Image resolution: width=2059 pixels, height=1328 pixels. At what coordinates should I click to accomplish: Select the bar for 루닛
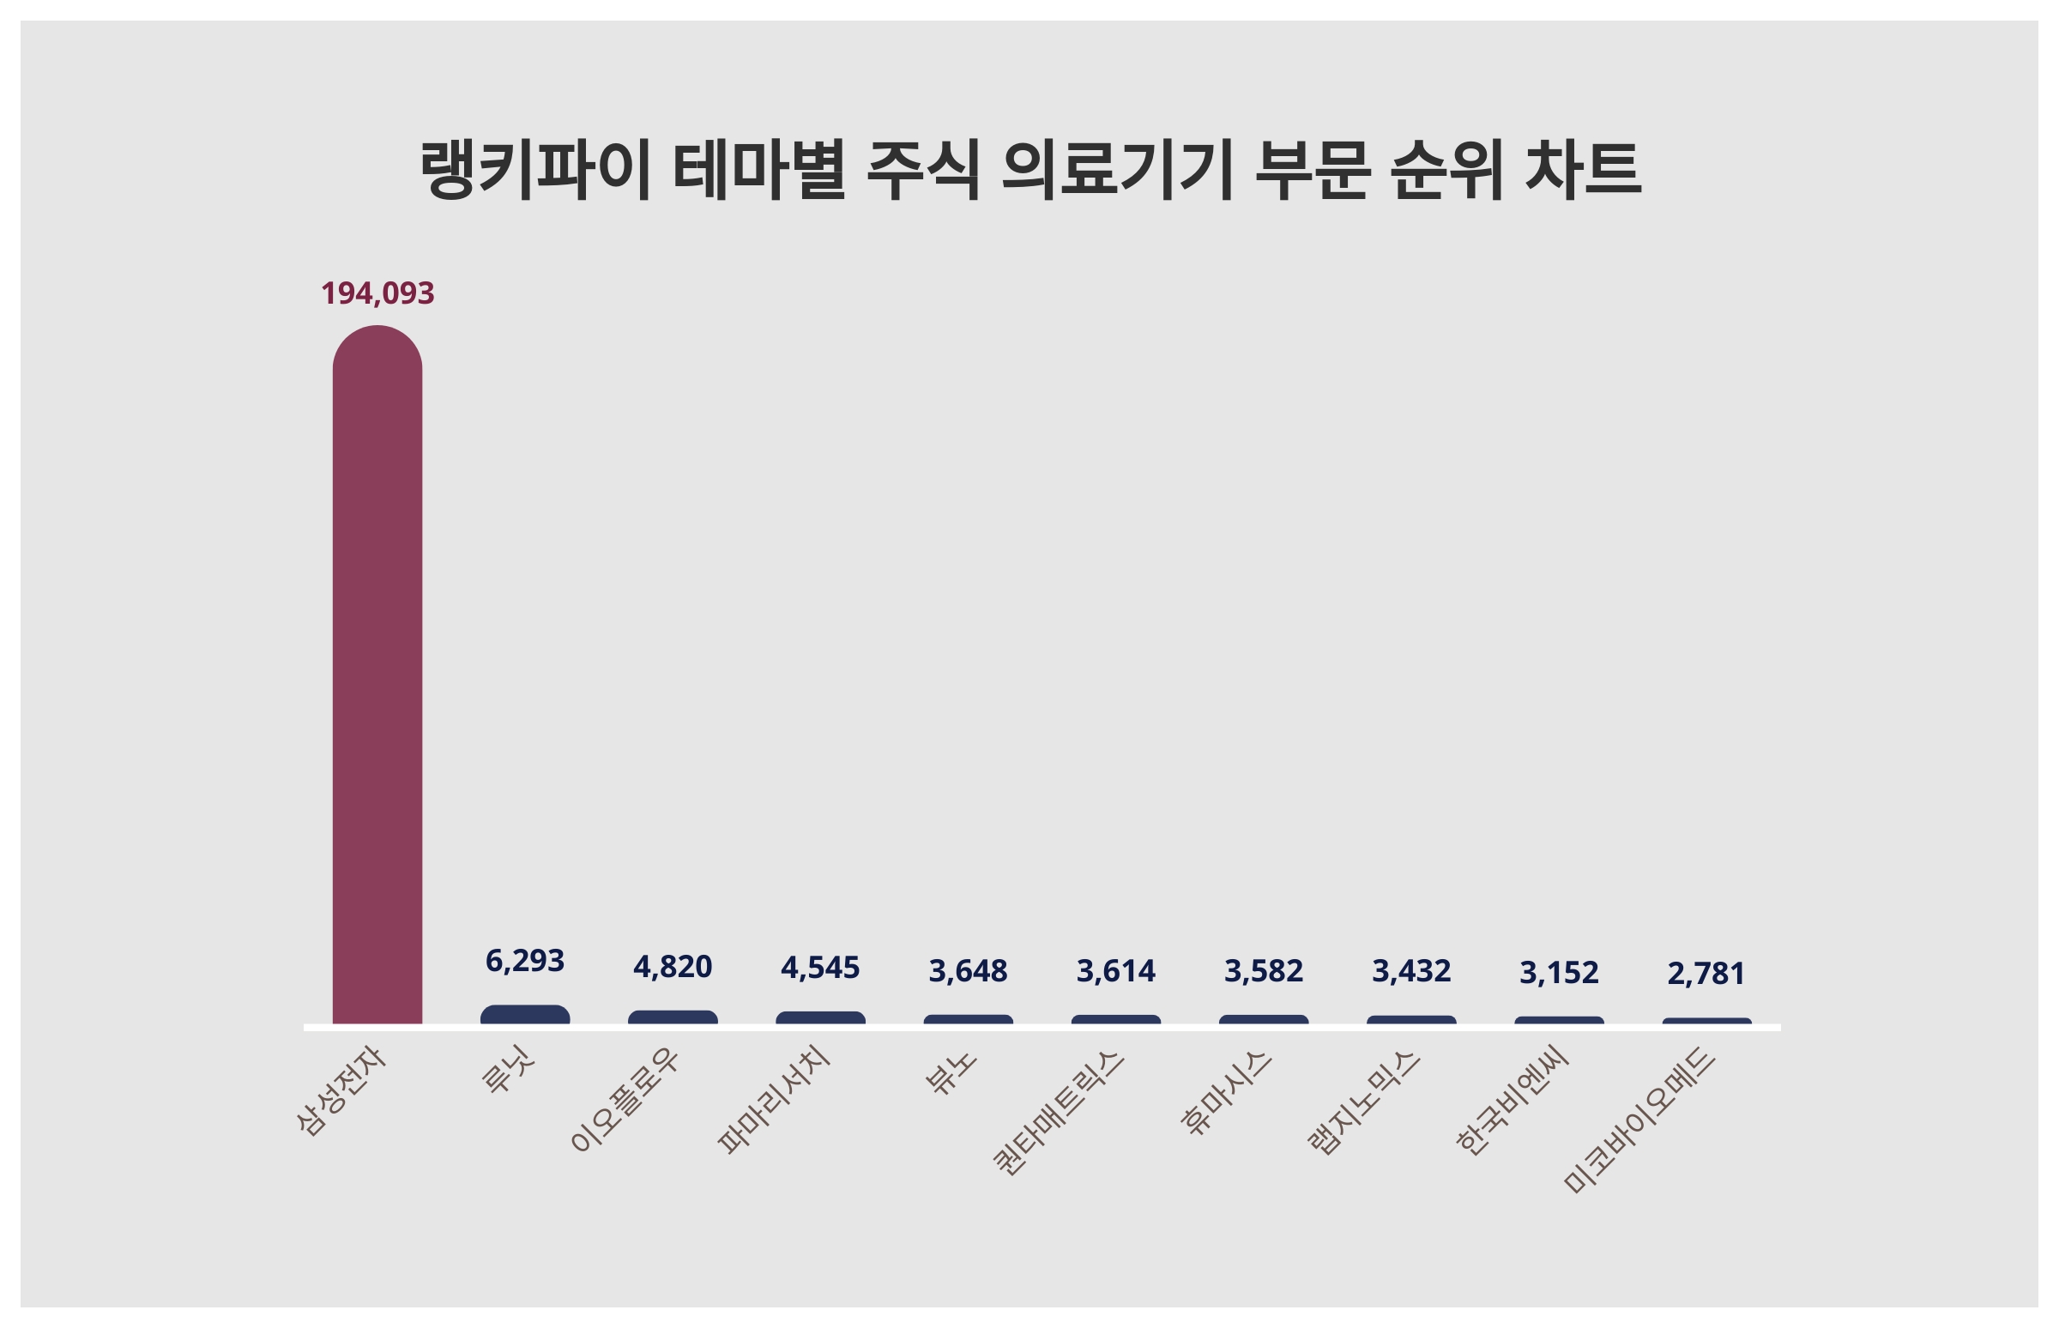click(524, 1015)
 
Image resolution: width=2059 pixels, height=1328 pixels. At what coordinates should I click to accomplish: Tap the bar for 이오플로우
click(673, 1017)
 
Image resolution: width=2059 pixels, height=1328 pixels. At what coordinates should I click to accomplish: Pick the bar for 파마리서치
click(820, 1018)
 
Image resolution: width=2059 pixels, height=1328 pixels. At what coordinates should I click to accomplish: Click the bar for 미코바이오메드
click(1706, 1022)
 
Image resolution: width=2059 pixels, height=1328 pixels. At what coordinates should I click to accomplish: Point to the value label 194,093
click(377, 293)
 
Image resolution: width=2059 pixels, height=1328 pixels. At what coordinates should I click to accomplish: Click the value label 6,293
click(524, 961)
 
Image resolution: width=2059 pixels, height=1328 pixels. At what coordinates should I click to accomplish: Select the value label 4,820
click(673, 967)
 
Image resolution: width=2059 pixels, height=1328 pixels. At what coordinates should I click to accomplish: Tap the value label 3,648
click(968, 971)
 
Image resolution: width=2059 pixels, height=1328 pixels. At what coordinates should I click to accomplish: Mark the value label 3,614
click(1116, 971)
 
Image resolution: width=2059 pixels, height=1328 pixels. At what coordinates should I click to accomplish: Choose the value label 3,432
click(1411, 971)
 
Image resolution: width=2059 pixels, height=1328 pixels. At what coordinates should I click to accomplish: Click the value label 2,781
click(1706, 974)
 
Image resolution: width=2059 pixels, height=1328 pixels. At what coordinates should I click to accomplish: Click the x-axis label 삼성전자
click(341, 1090)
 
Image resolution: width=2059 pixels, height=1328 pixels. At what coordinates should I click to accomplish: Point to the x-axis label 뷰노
click(951, 1071)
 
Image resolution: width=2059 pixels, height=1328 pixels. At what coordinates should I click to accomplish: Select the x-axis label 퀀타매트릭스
click(1059, 1113)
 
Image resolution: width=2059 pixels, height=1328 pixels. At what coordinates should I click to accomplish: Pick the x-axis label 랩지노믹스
click(1364, 1102)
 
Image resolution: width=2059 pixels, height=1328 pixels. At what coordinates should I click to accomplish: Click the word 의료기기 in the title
click(1118, 169)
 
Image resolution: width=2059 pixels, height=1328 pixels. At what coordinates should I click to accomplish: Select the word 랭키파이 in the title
click(534, 169)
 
